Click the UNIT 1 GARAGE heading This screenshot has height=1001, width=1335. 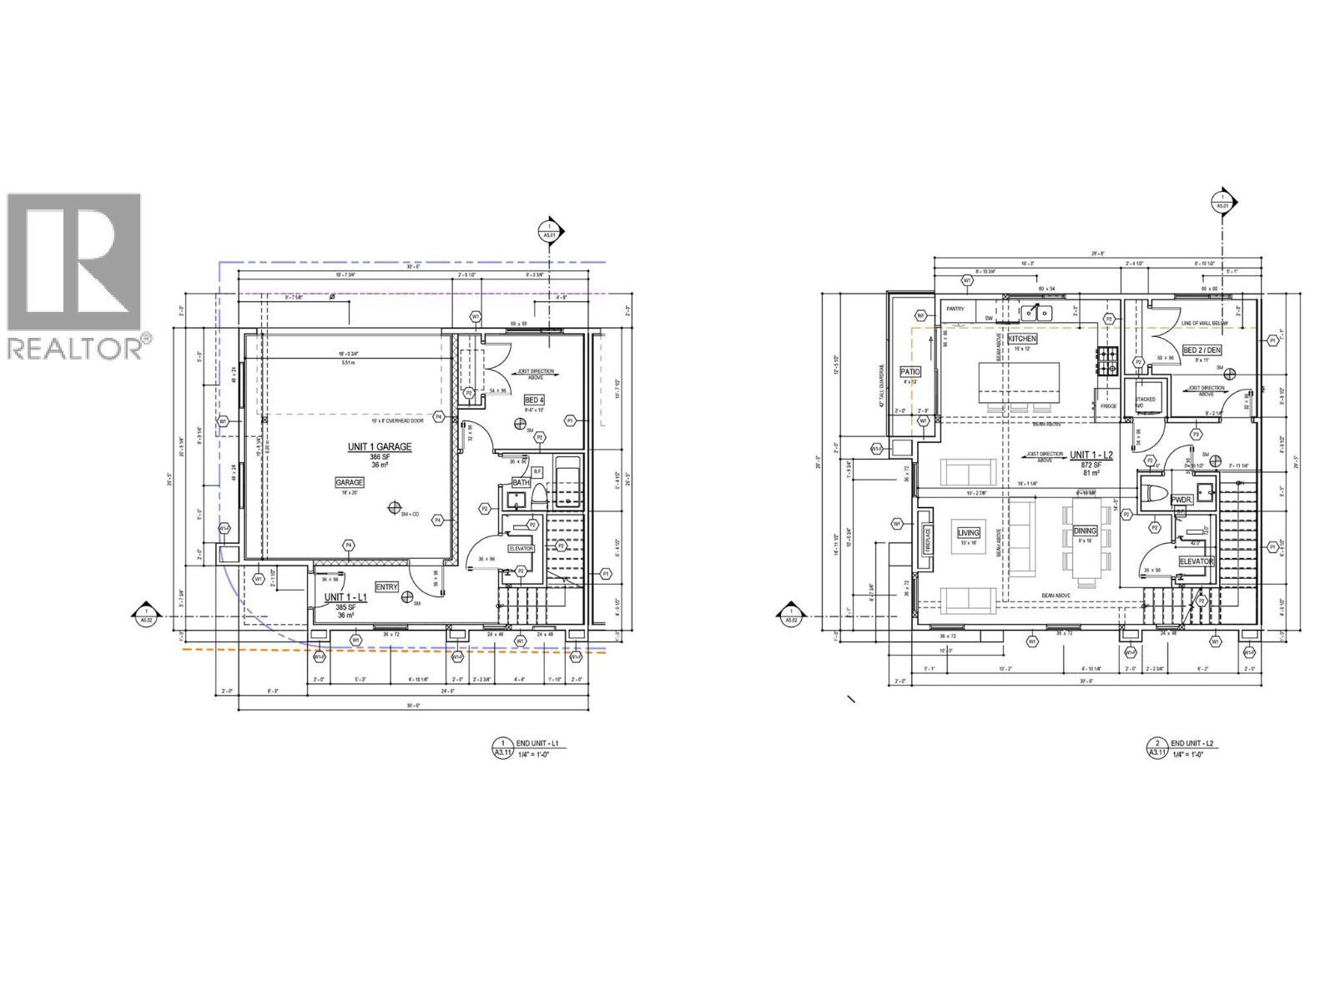point(380,447)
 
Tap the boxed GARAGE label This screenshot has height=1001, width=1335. point(350,482)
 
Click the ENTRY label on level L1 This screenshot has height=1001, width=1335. point(387,586)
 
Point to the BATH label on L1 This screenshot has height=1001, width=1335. point(521,482)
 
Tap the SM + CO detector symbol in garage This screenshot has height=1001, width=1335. point(394,507)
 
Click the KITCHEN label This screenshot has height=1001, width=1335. point(1022,340)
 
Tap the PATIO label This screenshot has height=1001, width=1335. point(909,372)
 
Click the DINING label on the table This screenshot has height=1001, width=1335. point(1085,531)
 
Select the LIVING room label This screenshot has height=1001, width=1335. point(968,532)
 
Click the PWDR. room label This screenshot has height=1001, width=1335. point(1181,500)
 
